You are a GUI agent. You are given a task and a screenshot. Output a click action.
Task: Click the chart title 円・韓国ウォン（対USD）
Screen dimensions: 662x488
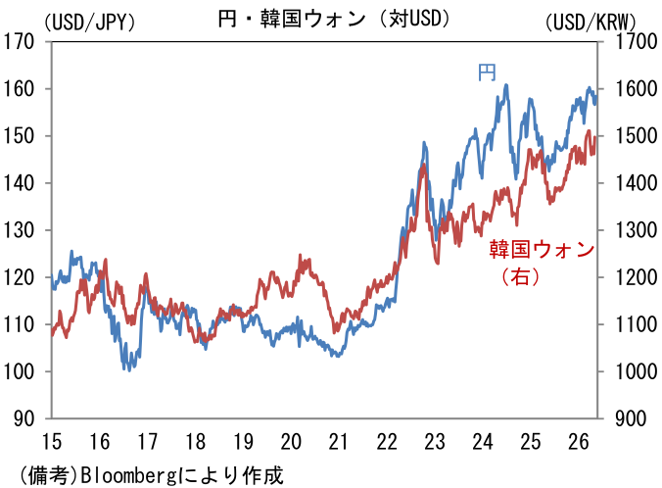tap(334, 19)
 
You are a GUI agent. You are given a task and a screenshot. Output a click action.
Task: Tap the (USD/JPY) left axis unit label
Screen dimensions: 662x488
tap(89, 22)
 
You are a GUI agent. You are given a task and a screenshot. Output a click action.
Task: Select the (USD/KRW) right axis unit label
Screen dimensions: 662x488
tap(591, 22)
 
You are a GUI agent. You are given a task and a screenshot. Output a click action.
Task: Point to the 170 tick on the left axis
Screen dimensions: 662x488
tap(19, 41)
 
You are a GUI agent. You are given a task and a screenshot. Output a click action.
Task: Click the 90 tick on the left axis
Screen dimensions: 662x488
tap(24, 418)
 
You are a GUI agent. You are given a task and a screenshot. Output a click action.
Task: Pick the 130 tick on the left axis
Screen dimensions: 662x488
tap(19, 230)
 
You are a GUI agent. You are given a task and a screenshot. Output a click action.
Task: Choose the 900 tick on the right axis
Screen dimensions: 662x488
tap(632, 418)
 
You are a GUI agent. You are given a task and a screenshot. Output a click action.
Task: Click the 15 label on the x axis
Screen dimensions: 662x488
tap(52, 442)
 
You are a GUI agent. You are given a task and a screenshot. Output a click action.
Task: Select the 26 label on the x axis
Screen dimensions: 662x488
tap(579, 442)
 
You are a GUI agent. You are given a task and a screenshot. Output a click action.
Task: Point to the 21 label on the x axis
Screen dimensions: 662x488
tap(339, 442)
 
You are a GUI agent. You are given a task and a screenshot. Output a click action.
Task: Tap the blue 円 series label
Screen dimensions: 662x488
tap(487, 73)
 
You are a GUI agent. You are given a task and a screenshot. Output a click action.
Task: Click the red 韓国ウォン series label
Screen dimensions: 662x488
tap(543, 249)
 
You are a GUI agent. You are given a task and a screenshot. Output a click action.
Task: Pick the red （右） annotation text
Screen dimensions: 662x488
tap(521, 276)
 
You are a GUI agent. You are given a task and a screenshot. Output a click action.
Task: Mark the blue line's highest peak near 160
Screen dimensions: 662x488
tap(506, 85)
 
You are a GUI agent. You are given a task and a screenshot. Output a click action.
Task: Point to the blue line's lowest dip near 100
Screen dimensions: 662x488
tap(128, 370)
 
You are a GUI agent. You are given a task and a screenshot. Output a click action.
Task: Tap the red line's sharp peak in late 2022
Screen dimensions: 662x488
tap(423, 164)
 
